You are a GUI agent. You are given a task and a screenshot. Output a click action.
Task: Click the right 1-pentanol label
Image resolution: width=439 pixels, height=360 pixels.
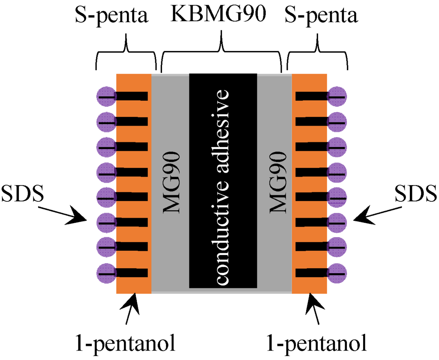pyautogui.click(x=316, y=343)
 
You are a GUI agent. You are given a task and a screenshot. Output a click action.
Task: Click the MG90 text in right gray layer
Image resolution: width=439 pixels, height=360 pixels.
pyautogui.click(x=276, y=182)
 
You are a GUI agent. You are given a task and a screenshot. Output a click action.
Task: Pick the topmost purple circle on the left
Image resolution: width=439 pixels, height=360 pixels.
pyautogui.click(x=106, y=96)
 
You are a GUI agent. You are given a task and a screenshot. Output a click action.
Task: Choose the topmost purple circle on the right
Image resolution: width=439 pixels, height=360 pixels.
pyautogui.click(x=337, y=96)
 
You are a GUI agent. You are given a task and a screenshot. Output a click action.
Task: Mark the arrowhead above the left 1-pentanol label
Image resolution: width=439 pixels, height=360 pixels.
pyautogui.click(x=134, y=302)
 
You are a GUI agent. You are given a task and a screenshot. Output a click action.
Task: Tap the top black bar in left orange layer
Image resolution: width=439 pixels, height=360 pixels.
pyautogui.click(x=132, y=96)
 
